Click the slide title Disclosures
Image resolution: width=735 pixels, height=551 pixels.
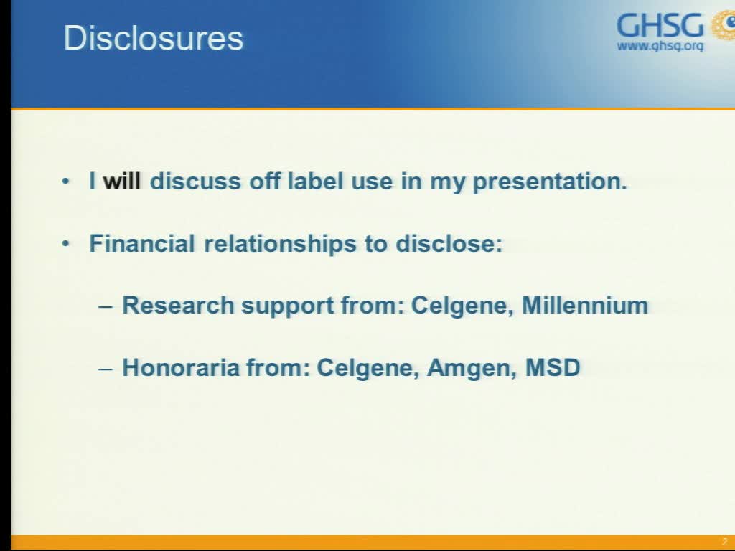click(154, 38)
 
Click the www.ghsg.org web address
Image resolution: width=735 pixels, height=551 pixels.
click(660, 47)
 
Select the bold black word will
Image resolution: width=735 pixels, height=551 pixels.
click(122, 182)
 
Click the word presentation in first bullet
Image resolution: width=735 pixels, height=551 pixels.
click(550, 182)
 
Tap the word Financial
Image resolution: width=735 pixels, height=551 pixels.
click(142, 243)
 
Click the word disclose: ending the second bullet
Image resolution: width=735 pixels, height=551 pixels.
click(449, 243)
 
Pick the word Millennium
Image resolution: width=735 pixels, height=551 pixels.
click(585, 305)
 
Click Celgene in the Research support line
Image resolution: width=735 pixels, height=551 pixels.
click(462, 305)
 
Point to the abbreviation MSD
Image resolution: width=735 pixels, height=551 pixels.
click(553, 367)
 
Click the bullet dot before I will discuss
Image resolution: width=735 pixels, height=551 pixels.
click(67, 182)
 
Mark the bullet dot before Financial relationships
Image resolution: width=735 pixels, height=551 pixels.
click(67, 244)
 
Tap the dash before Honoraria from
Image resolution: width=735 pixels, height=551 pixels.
click(106, 368)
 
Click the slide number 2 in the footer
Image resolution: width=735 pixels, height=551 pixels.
click(724, 542)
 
